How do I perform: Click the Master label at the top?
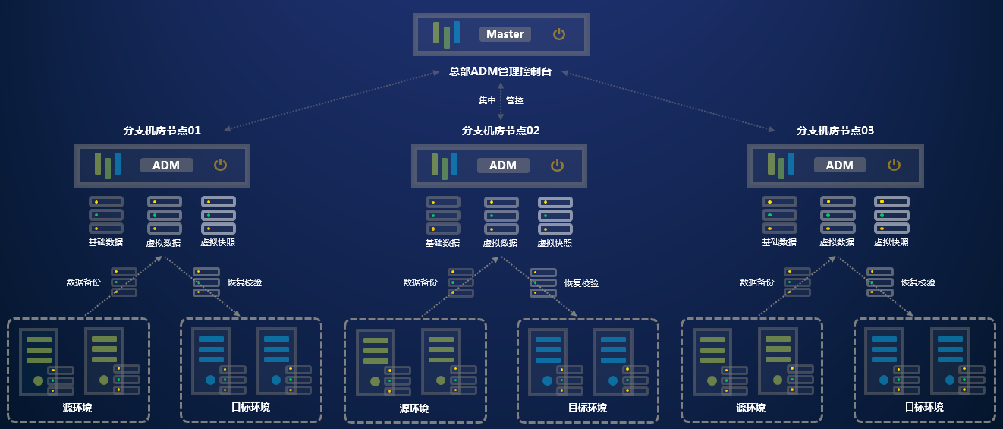pos(505,34)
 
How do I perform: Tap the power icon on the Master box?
pos(559,34)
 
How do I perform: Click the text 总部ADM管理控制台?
pos(501,71)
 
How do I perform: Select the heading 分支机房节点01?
pos(162,131)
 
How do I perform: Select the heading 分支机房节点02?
pos(501,131)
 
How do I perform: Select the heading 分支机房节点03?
pos(835,131)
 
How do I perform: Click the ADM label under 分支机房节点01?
pos(166,166)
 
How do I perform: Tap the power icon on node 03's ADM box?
pos(895,165)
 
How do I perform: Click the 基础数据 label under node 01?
pos(105,243)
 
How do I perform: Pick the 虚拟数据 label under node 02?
pos(500,243)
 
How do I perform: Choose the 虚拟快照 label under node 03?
pos(891,243)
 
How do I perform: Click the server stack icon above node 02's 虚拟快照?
pos(555,216)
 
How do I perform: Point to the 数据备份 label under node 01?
pos(83,282)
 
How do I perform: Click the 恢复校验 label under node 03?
pos(918,282)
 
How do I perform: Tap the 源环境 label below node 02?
pos(414,408)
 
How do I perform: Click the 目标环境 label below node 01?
pos(250,407)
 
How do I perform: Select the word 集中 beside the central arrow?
pos(487,100)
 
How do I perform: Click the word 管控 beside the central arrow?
pos(514,100)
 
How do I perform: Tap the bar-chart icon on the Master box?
pos(446,34)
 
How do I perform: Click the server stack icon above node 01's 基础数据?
pos(105,216)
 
